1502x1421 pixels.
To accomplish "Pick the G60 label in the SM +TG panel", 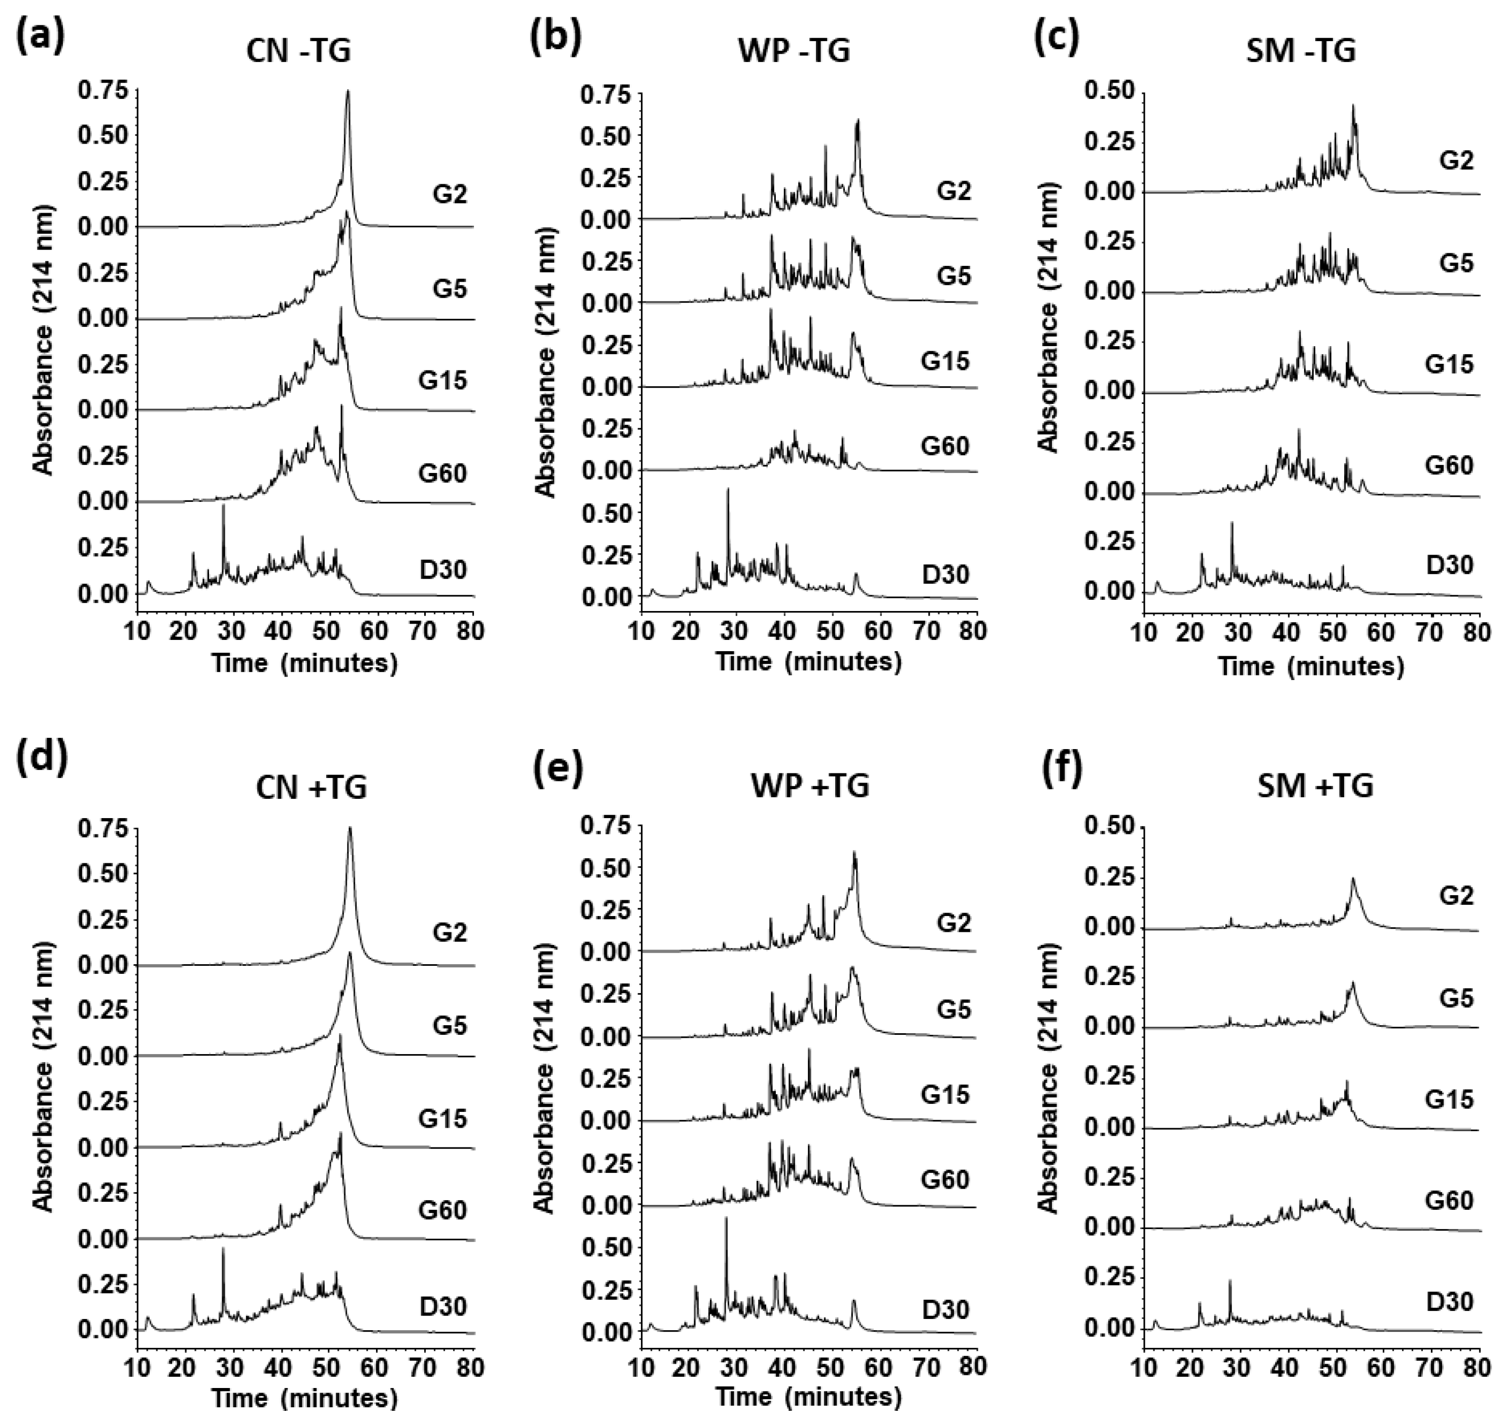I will click(1449, 1201).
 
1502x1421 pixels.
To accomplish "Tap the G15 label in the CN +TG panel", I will click(443, 1118).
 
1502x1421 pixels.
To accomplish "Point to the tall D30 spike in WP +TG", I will click(726, 1218).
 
